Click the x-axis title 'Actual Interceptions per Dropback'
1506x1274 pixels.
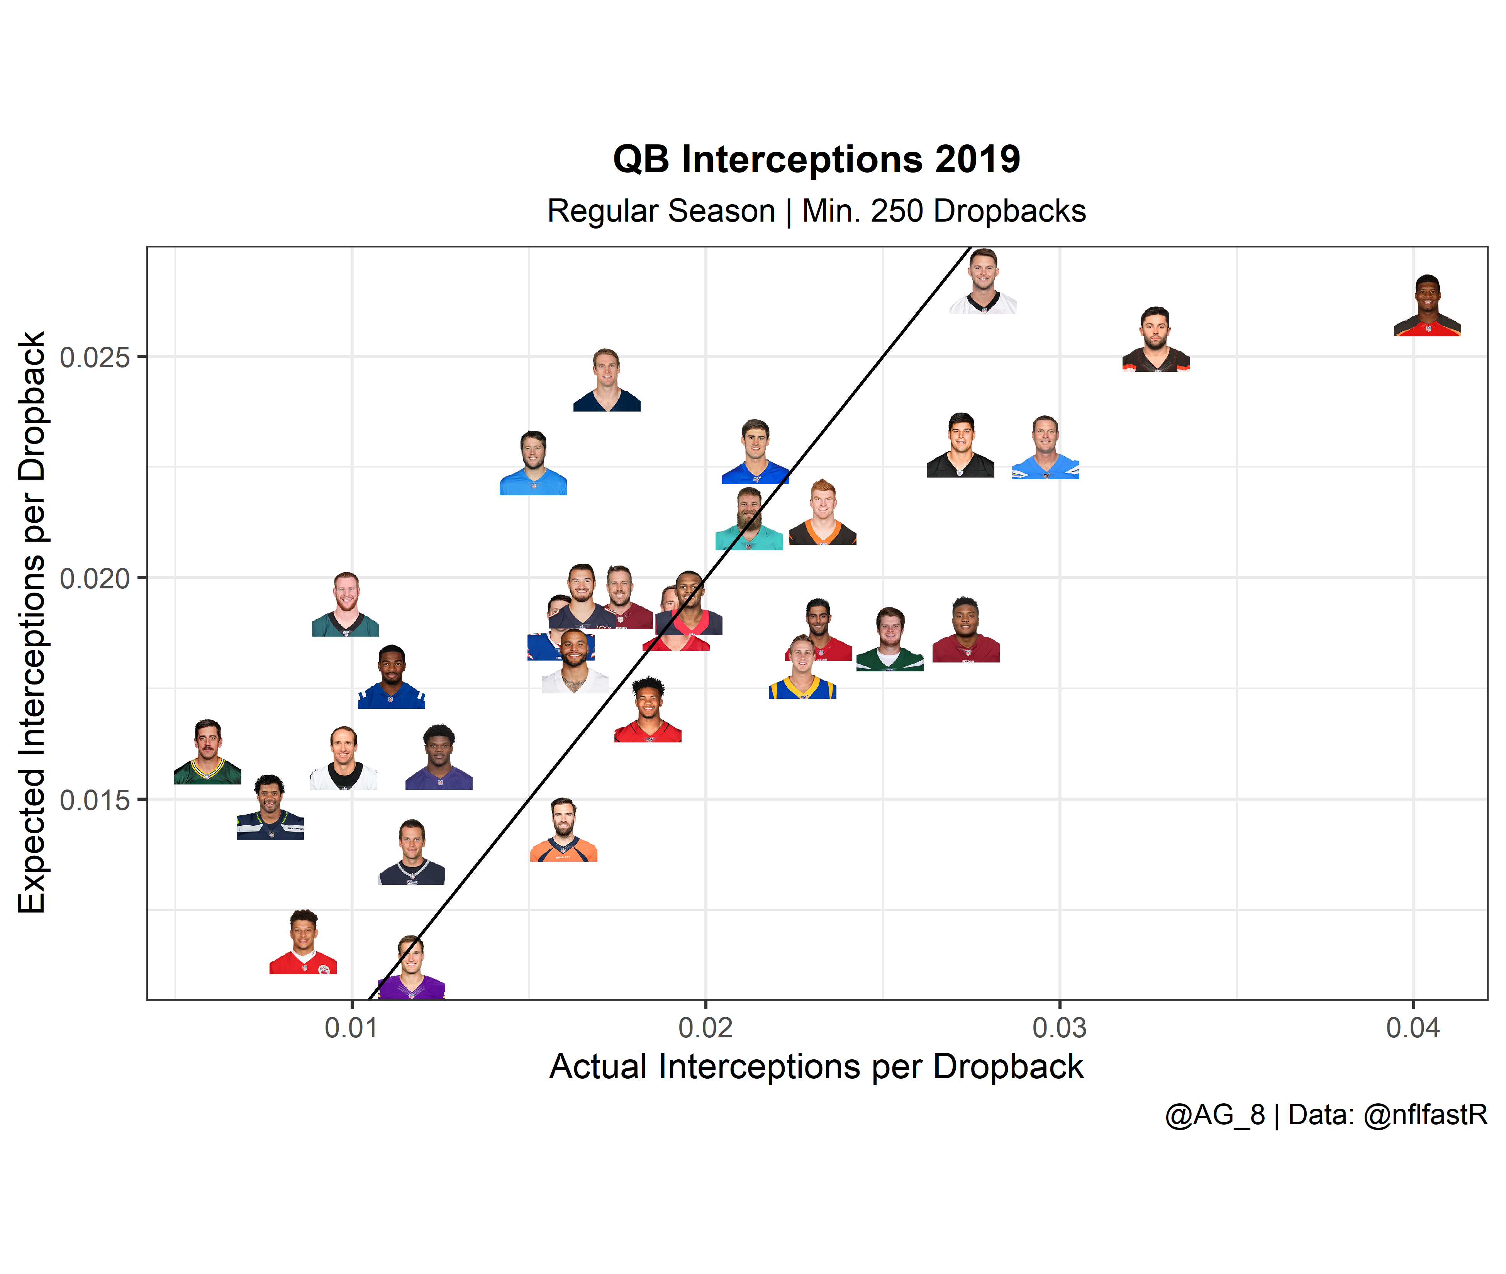coord(816,1067)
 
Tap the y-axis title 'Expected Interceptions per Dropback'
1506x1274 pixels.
coord(32,623)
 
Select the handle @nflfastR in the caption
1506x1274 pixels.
coord(1425,1115)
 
